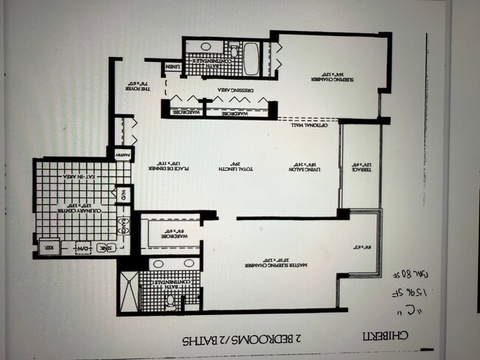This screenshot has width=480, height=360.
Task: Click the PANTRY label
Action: point(120,156)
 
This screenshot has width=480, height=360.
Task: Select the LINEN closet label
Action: point(173,68)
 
